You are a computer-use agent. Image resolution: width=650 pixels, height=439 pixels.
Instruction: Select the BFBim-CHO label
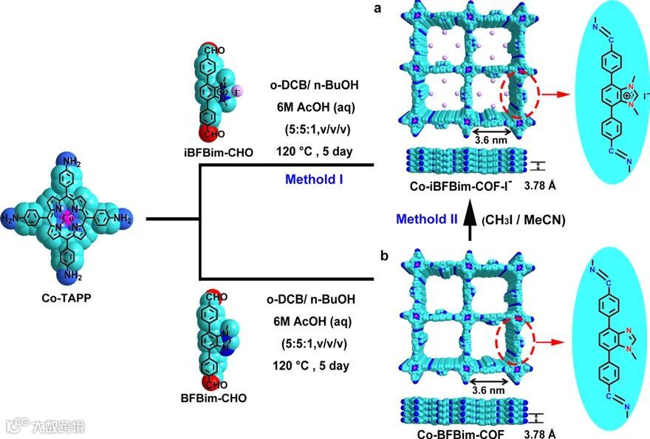213,398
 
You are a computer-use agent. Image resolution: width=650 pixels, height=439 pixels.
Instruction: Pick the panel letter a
379,10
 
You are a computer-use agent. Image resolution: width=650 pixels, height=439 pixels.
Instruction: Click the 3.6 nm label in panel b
488,389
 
